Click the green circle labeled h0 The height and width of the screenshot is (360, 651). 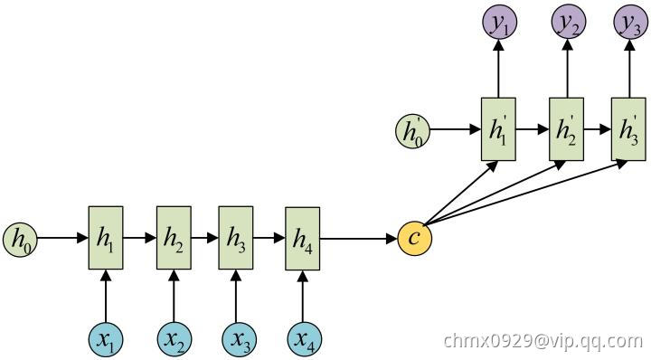(20, 240)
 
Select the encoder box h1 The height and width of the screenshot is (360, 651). (106, 238)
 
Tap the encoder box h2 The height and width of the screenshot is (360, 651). (174, 238)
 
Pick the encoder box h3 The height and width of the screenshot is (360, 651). (236, 238)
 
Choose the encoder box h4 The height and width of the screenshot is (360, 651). (302, 238)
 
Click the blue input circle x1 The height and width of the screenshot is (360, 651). (106, 340)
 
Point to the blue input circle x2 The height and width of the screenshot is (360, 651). (175, 340)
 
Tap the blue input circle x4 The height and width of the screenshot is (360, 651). (305, 340)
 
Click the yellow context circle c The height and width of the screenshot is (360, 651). (415, 238)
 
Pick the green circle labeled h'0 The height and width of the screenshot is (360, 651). (412, 132)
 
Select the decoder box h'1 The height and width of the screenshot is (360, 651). (498, 129)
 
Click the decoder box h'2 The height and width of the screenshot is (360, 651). (566, 129)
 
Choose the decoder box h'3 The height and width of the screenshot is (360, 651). (628, 129)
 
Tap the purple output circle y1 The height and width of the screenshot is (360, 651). (499, 22)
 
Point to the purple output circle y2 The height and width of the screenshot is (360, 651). (569, 22)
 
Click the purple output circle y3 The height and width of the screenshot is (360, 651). (631, 22)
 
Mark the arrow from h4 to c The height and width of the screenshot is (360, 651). (359, 239)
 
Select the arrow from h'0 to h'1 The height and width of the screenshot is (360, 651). (456, 129)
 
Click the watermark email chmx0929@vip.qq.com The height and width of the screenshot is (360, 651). (543, 341)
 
